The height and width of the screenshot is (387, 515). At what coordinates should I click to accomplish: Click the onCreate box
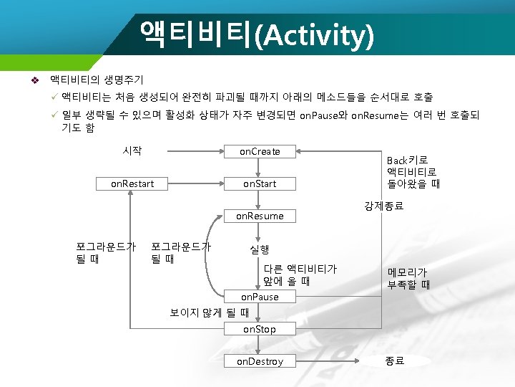(259, 151)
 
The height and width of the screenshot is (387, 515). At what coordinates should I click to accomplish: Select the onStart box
(259, 183)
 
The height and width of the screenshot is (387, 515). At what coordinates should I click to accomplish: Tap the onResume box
(259, 216)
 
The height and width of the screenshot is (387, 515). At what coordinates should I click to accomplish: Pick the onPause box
(259, 297)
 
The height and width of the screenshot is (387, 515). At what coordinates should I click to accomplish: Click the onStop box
(259, 329)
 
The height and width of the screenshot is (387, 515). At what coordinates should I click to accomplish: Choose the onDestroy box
(259, 361)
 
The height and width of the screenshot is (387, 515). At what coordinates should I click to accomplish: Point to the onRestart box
(132, 183)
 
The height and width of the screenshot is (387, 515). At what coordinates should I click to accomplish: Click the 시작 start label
(132, 150)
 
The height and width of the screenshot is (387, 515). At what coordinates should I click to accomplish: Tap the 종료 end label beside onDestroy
(395, 361)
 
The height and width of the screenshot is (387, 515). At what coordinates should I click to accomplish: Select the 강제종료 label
(383, 206)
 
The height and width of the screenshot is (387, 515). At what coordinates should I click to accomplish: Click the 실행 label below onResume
(259, 249)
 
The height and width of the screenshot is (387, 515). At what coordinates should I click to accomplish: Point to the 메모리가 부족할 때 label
(408, 278)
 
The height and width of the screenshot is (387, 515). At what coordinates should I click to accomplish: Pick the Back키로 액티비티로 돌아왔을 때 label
(413, 172)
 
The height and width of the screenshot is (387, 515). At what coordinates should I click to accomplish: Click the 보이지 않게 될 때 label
(209, 312)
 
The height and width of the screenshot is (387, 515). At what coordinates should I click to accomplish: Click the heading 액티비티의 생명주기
(97, 80)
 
